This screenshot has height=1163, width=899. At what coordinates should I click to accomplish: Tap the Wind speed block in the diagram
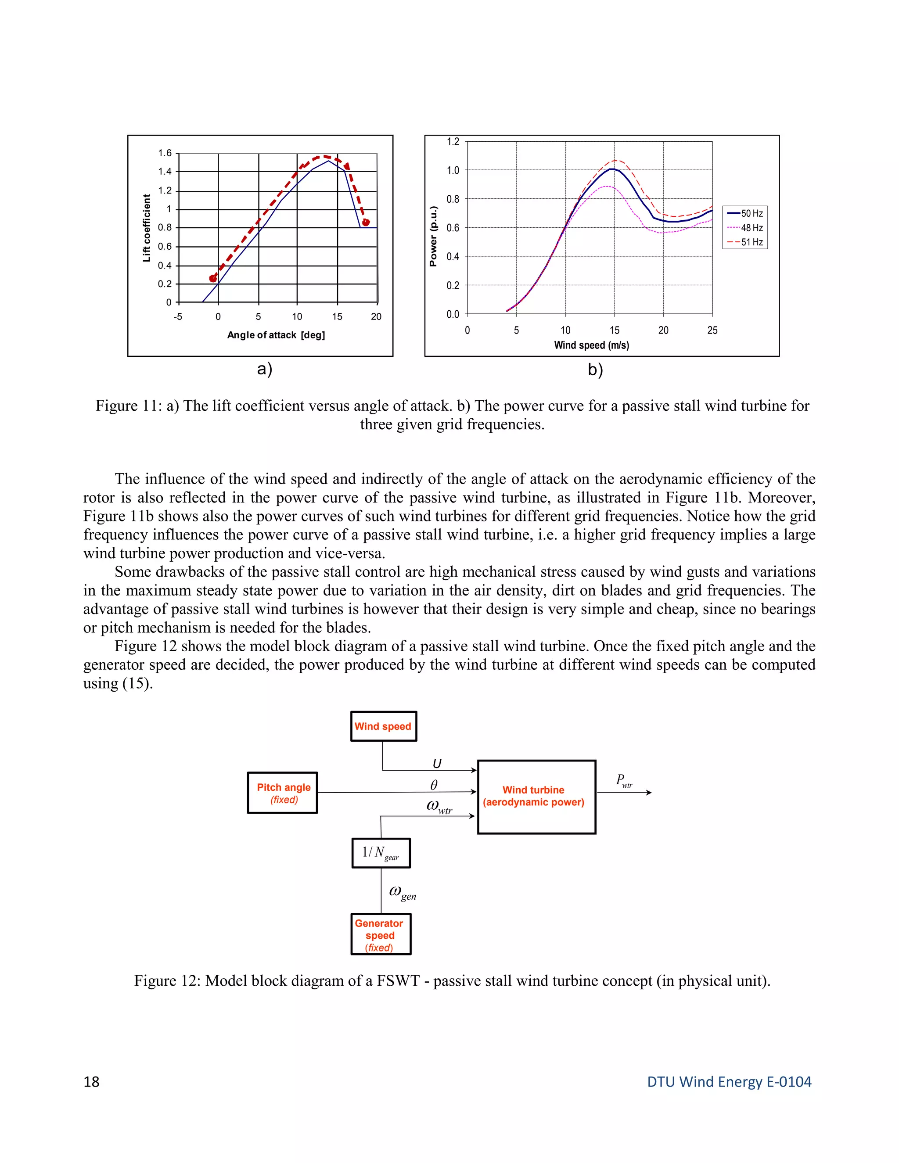click(383, 726)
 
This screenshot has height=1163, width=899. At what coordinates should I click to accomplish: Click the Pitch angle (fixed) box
click(283, 793)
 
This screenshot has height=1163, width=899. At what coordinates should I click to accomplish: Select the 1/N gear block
click(381, 853)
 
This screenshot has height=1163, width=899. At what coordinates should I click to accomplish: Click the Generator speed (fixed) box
click(380, 935)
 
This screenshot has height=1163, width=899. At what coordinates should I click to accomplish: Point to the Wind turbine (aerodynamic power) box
click(536, 797)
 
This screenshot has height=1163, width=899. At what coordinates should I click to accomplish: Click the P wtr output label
click(624, 781)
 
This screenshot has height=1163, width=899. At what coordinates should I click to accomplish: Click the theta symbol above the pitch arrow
click(434, 785)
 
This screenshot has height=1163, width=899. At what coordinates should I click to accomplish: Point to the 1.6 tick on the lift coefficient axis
click(165, 153)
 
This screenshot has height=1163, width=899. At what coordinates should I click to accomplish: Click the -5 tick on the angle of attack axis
click(178, 317)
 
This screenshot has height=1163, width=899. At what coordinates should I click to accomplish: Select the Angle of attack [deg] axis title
click(276, 335)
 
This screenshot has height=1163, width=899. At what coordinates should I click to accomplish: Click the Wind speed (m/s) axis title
click(591, 345)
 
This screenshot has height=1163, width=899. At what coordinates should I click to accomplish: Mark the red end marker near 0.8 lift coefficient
click(365, 222)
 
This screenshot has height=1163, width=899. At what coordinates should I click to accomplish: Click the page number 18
click(92, 1081)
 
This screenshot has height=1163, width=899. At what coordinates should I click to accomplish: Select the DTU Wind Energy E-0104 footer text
click(729, 1081)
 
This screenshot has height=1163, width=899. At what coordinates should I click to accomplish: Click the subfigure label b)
click(595, 370)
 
